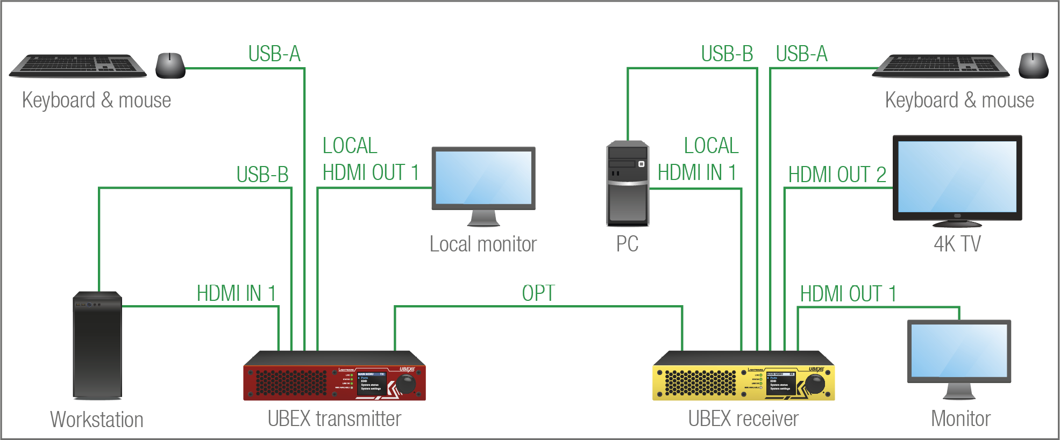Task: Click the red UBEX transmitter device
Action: point(334,376)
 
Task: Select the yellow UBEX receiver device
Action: point(743,376)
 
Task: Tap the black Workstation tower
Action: point(97,345)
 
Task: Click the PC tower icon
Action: point(627,183)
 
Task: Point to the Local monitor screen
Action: point(483,178)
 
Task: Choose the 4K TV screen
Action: point(957,177)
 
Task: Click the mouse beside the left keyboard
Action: point(170,66)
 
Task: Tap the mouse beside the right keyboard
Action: point(1033,66)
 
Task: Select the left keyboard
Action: point(79,66)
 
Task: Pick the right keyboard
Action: point(941,66)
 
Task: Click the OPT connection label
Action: point(538,293)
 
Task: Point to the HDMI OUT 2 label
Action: point(837,175)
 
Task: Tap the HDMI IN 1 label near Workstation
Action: point(236,293)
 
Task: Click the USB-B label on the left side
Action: point(262,175)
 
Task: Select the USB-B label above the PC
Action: point(727,54)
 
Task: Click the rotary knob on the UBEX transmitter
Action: point(405,384)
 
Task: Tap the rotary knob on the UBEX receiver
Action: point(815,384)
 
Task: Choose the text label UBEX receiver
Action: point(743,419)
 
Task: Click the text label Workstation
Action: point(97,420)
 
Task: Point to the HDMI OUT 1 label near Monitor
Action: point(848,294)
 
